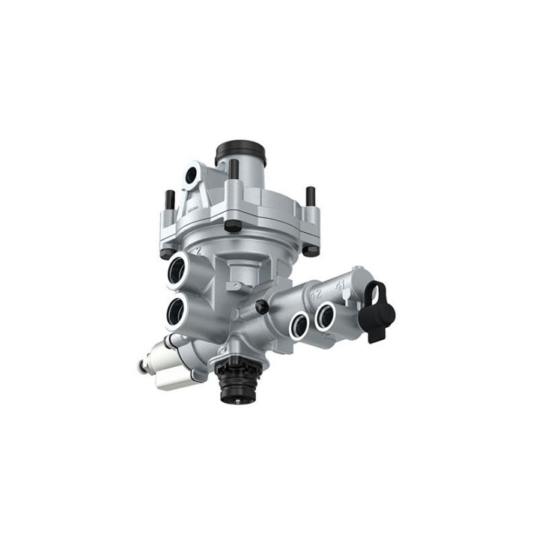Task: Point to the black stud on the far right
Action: (310, 197)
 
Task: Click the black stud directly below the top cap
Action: (234, 169)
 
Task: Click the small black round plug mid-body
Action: (261, 306)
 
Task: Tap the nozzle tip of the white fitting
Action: (141, 367)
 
